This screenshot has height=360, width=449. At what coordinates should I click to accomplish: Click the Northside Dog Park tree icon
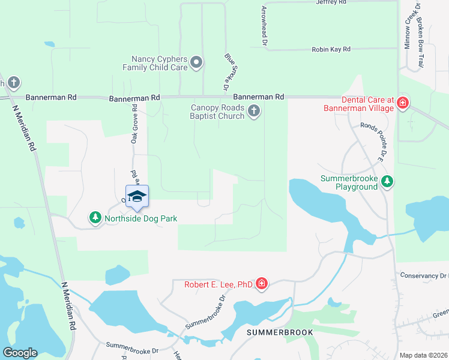tap(95, 218)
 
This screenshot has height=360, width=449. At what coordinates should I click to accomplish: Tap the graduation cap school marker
tap(137, 197)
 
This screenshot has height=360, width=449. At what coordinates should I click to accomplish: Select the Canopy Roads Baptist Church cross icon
tap(254, 110)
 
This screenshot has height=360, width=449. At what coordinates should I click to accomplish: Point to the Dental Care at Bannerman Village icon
tap(402, 104)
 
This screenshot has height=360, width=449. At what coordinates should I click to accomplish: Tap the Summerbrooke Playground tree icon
tap(387, 181)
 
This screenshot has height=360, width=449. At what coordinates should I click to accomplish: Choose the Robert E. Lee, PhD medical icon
tap(261, 283)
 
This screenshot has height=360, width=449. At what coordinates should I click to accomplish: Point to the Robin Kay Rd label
tap(331, 50)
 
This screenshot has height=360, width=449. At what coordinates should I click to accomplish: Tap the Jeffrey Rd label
tap(331, 3)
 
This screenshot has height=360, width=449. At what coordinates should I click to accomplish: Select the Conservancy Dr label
tap(424, 275)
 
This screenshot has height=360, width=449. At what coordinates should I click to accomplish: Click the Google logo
tap(20, 353)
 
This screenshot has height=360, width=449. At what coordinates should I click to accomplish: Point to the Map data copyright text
tap(423, 355)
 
